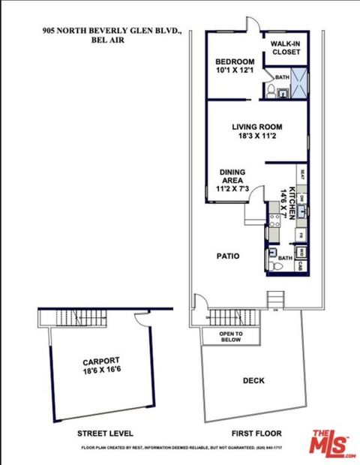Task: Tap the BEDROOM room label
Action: coord(235,61)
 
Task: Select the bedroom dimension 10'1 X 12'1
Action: coord(235,72)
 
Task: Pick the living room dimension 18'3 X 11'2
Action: coord(255,136)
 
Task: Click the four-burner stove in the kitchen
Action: coord(274,221)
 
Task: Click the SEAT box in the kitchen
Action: coord(301,175)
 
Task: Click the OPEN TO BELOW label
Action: coord(230,336)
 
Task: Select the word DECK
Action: coord(253,381)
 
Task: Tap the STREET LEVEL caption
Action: coord(106,433)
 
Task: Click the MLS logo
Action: coord(334,442)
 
